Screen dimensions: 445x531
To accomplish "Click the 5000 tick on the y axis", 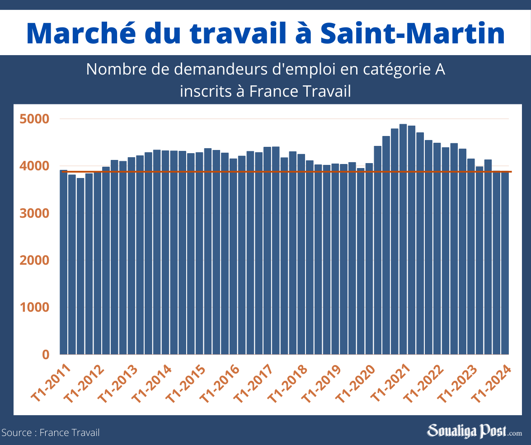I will (34, 119).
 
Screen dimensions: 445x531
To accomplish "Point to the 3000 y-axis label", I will (34, 213).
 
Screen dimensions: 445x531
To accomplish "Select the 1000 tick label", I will (34, 308).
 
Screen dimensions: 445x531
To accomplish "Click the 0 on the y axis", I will (45, 355).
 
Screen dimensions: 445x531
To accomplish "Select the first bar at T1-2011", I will (64, 262).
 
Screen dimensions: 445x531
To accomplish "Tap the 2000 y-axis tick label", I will (34, 261).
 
